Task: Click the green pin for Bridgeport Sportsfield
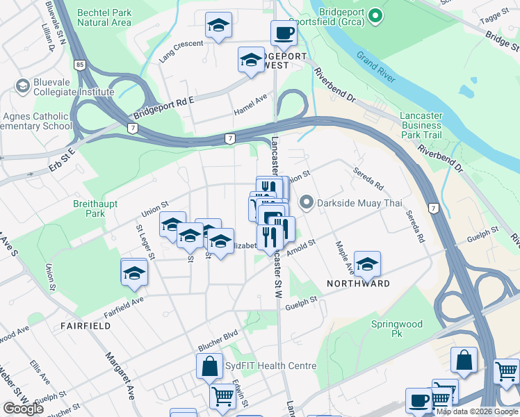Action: (x=375, y=15)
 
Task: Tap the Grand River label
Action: (x=376, y=66)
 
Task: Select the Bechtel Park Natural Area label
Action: (x=104, y=17)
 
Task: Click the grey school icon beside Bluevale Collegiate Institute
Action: (x=22, y=85)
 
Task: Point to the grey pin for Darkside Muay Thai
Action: (x=306, y=203)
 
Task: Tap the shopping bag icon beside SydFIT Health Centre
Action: (x=209, y=366)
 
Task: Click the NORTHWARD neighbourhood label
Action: (x=358, y=284)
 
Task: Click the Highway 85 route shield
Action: (x=82, y=65)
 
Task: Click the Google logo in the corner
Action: (x=23, y=408)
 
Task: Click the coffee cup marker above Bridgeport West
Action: (x=283, y=32)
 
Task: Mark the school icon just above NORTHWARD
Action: (x=367, y=263)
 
